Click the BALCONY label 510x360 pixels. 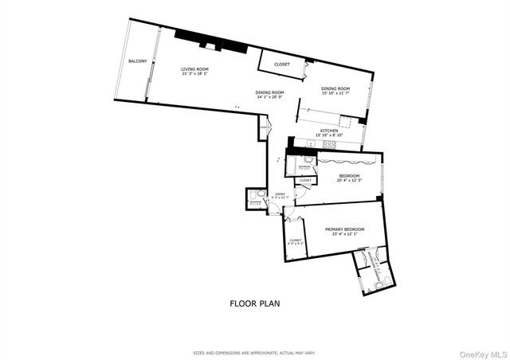click(137, 62)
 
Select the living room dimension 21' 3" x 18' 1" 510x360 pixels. click(194, 75)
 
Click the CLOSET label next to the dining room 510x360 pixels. click(281, 65)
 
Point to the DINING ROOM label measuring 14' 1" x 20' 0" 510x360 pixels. click(269, 92)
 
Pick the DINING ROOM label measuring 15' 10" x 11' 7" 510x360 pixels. click(335, 88)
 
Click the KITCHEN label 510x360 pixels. click(328, 131)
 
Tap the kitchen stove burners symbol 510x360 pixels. click(346, 121)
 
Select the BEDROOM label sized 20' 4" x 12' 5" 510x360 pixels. click(349, 176)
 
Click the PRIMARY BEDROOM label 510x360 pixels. click(345, 229)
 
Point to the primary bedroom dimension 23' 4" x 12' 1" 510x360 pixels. click(345, 234)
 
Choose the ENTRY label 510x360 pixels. click(280, 194)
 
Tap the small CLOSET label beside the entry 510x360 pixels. click(305, 181)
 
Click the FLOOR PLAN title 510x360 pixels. click(254, 303)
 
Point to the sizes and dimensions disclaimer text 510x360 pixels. click(253, 352)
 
